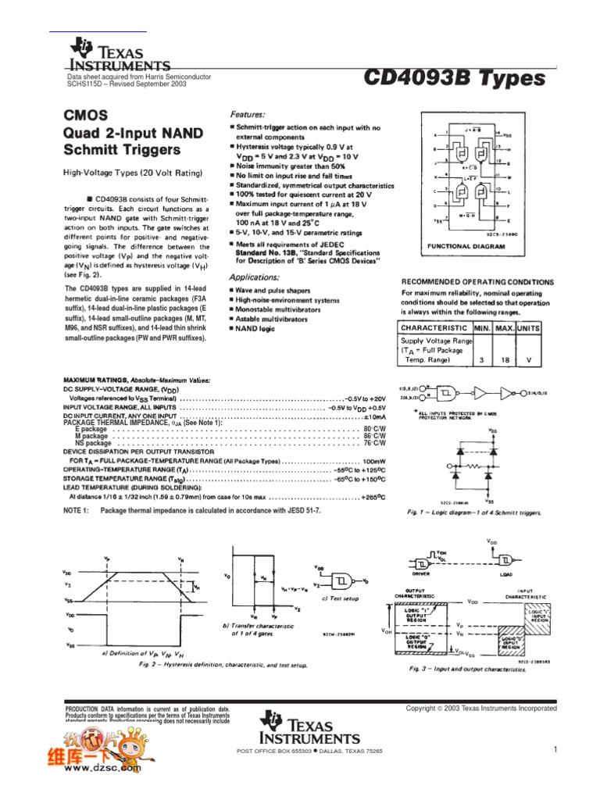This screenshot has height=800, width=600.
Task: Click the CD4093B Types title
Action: (x=454, y=78)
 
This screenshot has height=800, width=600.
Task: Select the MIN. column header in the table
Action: (x=482, y=328)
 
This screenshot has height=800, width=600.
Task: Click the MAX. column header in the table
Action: (x=503, y=328)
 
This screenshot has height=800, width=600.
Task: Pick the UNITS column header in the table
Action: (x=530, y=328)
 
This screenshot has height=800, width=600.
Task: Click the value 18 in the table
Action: (x=503, y=360)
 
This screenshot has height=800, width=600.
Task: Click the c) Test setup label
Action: (x=341, y=598)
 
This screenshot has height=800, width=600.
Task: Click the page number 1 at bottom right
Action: (x=555, y=750)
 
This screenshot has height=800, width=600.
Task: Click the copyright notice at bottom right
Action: (x=480, y=708)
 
